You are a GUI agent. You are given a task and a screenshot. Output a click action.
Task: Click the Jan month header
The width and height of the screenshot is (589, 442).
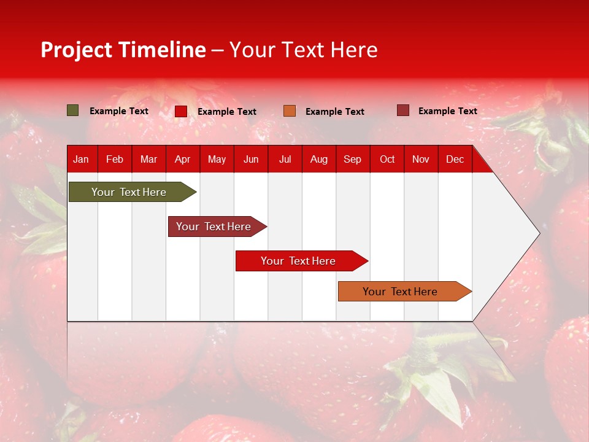tap(81, 159)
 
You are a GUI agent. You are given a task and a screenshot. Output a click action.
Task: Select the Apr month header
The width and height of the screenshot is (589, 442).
tap(182, 159)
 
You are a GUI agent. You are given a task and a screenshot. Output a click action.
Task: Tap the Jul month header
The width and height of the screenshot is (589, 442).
tap(285, 159)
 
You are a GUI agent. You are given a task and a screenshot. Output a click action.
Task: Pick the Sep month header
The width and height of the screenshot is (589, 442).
tap(352, 159)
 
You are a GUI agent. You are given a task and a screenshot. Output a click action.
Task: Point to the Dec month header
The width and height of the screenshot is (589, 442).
tap(455, 159)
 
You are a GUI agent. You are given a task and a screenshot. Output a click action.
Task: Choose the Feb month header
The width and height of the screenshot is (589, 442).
tap(115, 159)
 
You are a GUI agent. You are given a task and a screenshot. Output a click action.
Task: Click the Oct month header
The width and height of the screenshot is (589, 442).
tap(387, 159)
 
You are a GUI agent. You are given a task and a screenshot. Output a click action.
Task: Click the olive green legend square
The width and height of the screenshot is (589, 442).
tap(73, 110)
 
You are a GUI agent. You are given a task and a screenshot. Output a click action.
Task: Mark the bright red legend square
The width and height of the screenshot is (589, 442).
tap(181, 111)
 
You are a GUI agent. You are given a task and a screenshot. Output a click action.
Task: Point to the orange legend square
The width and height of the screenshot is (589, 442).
tap(290, 111)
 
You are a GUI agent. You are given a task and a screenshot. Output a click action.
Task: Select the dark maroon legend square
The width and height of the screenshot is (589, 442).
tap(402, 110)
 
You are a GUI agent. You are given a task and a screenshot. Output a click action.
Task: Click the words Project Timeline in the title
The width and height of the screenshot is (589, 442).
tap(123, 50)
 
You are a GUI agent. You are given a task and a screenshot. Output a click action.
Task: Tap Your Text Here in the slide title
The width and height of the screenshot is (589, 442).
tap(304, 50)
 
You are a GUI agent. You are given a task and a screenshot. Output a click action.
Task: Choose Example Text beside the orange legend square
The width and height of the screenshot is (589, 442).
tap(334, 112)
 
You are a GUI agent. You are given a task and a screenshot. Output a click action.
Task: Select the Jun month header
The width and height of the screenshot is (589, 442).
tap(251, 159)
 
